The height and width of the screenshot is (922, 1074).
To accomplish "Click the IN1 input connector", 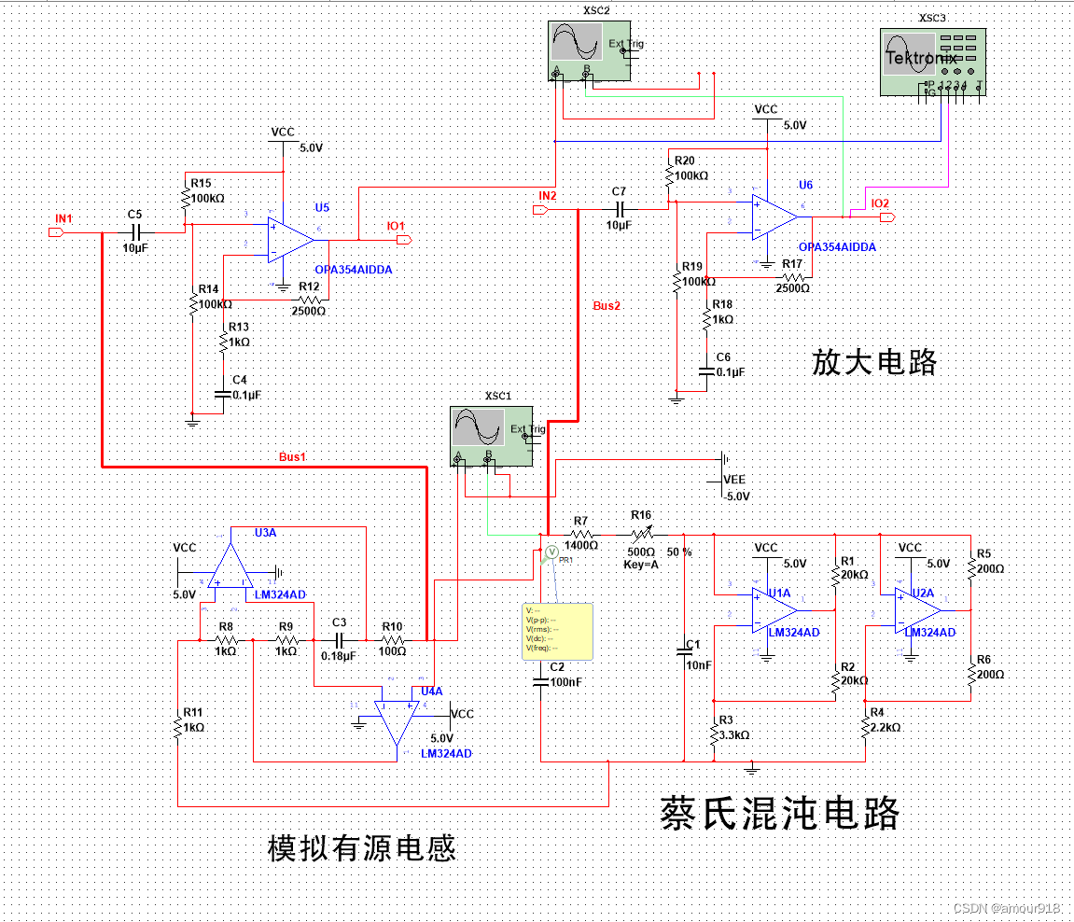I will [x=55, y=231].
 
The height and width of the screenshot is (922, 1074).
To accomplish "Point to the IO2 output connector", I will [x=887, y=217].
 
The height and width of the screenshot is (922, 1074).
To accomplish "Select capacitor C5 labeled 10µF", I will [x=135, y=231].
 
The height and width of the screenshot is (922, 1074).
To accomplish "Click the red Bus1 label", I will [x=292, y=457].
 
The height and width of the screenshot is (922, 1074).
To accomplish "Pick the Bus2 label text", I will [x=607, y=306].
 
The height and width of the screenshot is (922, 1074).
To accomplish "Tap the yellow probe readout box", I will [x=557, y=631].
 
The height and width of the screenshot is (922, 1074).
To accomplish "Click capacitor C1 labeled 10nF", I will [x=686, y=650].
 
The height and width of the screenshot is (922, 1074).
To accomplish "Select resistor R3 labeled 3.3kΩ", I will [x=714, y=734].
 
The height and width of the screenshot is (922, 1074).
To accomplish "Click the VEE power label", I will [x=734, y=479].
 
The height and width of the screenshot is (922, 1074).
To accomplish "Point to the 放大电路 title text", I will [x=873, y=362].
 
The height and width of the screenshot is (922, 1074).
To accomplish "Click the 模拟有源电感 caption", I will [x=361, y=848].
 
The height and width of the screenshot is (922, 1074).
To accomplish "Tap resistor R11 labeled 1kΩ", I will [x=177, y=725].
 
